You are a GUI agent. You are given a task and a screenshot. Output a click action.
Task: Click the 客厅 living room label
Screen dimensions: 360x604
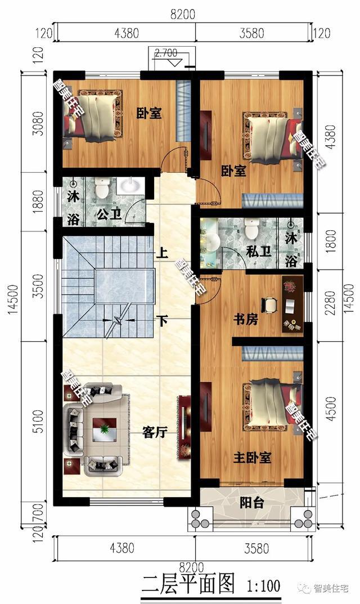coord(154,432)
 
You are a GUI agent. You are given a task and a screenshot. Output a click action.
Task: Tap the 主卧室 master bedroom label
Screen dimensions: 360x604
coord(252,458)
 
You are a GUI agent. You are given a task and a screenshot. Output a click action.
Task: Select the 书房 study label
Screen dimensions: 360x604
coord(246,319)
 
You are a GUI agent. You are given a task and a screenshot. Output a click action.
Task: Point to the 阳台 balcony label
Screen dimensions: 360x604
coord(252,503)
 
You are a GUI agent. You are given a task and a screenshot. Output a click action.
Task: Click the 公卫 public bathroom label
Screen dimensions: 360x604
coord(109,214)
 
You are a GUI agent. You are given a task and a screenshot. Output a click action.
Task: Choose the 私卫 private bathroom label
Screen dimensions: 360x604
coord(258,252)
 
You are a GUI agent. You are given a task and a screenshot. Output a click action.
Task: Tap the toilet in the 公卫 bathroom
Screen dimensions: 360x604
coord(102,187)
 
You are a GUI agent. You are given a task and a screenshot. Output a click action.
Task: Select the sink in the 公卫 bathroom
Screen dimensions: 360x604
coord(130,186)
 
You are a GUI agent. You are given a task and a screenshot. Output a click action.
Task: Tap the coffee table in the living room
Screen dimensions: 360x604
coord(104,428)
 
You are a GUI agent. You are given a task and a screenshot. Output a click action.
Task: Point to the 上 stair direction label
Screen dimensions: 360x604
coord(162,253)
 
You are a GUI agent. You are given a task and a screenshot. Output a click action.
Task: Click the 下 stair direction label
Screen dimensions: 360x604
coord(163,320)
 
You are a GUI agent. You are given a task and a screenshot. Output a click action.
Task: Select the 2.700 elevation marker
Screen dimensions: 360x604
coord(166,52)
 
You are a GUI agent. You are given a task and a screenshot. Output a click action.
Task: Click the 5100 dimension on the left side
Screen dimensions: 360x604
coord(38,421)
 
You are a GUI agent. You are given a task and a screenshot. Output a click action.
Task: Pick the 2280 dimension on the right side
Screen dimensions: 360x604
coord(330,303)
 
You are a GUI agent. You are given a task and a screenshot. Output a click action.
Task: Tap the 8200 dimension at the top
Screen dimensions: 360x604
coord(183,14)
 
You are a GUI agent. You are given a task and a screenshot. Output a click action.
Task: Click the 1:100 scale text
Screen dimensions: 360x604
coord(263,587)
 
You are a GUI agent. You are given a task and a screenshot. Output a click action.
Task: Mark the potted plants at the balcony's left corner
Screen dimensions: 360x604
coord(199,518)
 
